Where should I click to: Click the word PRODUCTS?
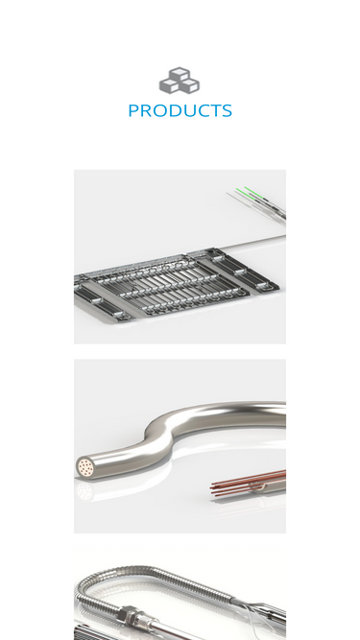(180, 110)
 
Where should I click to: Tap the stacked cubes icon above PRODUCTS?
(180, 81)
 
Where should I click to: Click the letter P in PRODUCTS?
(133, 110)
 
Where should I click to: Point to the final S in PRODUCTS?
(227, 110)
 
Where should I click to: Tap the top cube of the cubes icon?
(180, 74)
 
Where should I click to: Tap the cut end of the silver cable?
(84, 467)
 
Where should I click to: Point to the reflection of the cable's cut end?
(84, 490)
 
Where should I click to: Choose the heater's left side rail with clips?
(98, 300)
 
